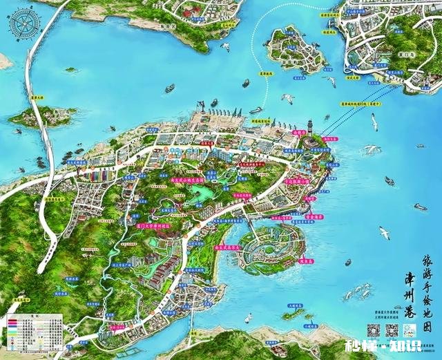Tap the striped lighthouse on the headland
(311, 128)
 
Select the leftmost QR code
(373, 331)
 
